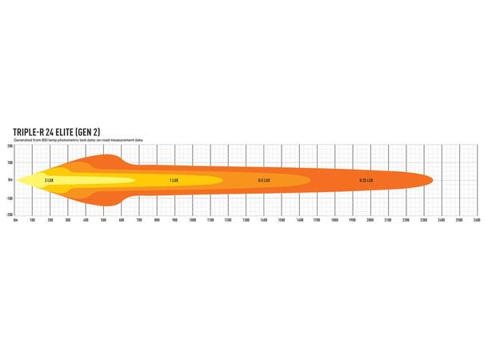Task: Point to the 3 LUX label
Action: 50,180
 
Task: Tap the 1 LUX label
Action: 174,180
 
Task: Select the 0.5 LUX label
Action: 263,180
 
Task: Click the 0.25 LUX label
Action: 367,180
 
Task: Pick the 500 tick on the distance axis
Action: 104,219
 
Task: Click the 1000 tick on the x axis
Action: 192,219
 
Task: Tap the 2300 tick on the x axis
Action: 423,219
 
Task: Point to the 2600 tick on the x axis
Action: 476,219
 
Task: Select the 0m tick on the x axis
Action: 16,219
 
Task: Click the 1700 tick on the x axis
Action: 317,219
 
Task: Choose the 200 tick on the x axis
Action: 50,219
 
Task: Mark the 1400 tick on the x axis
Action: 263,219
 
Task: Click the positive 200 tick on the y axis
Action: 10,146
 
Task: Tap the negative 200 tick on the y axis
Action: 9,214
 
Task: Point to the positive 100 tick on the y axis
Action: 10,162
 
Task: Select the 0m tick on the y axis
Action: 10,180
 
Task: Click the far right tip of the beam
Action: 432,179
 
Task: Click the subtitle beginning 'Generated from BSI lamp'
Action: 78,140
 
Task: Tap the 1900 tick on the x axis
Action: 352,219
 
